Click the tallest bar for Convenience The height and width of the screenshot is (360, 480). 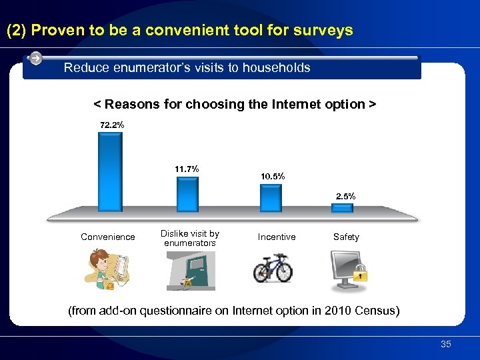point(110,172)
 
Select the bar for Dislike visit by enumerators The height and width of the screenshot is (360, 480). point(187,194)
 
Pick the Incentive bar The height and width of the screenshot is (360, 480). point(271,197)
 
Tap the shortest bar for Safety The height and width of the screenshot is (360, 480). point(342,208)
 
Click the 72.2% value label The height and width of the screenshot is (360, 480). point(112,125)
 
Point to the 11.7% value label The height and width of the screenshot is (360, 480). point(187,169)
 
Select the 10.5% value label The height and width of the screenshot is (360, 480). point(273,177)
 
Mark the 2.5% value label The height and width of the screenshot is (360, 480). point(346,197)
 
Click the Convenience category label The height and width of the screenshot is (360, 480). point(107,237)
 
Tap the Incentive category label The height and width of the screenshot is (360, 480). point(277,237)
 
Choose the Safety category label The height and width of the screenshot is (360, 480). point(346,237)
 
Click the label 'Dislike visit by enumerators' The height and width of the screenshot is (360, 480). point(190,239)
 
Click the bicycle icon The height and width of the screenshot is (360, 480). point(273,268)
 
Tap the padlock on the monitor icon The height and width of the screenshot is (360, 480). point(361,273)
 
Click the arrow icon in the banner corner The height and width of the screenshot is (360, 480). point(36,59)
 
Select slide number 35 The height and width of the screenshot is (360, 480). point(445,345)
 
